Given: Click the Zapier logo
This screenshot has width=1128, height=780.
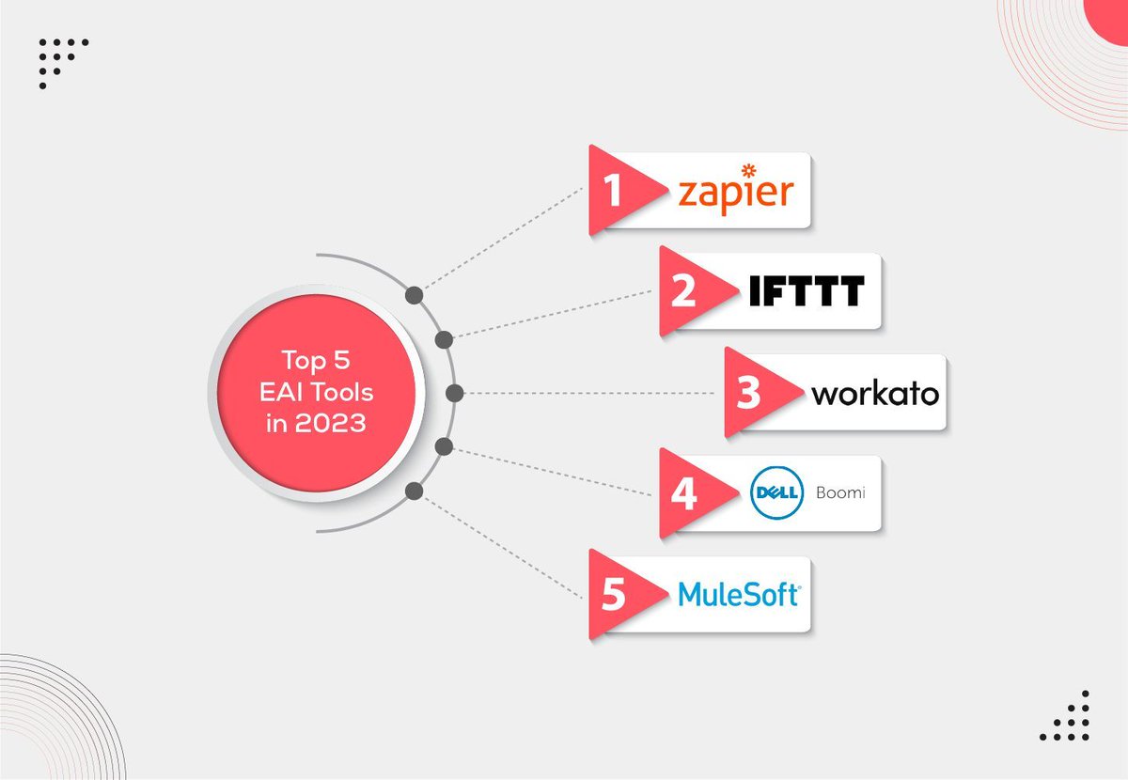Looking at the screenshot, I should tap(736, 193).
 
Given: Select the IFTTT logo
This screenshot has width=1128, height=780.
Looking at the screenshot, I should tap(807, 291).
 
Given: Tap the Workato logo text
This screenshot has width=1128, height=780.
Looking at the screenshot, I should tap(874, 393).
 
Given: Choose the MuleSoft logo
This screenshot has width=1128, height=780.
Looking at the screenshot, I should tap(738, 594).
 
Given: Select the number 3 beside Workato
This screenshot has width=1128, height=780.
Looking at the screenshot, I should tap(748, 393).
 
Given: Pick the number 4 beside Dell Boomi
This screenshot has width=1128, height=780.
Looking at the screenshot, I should tap(683, 494).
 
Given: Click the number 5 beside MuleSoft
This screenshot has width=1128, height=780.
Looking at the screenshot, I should tap(614, 596).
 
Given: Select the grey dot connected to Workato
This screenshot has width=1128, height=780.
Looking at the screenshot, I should tap(454, 393).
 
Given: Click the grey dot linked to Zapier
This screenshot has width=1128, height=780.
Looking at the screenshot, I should tap(414, 296).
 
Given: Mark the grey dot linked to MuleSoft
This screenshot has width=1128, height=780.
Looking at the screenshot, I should tap(414, 491).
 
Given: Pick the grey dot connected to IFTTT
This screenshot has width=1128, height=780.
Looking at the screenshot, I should tap(445, 339).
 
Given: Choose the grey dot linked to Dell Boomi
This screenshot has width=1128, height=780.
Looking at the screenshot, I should tap(445, 445).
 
